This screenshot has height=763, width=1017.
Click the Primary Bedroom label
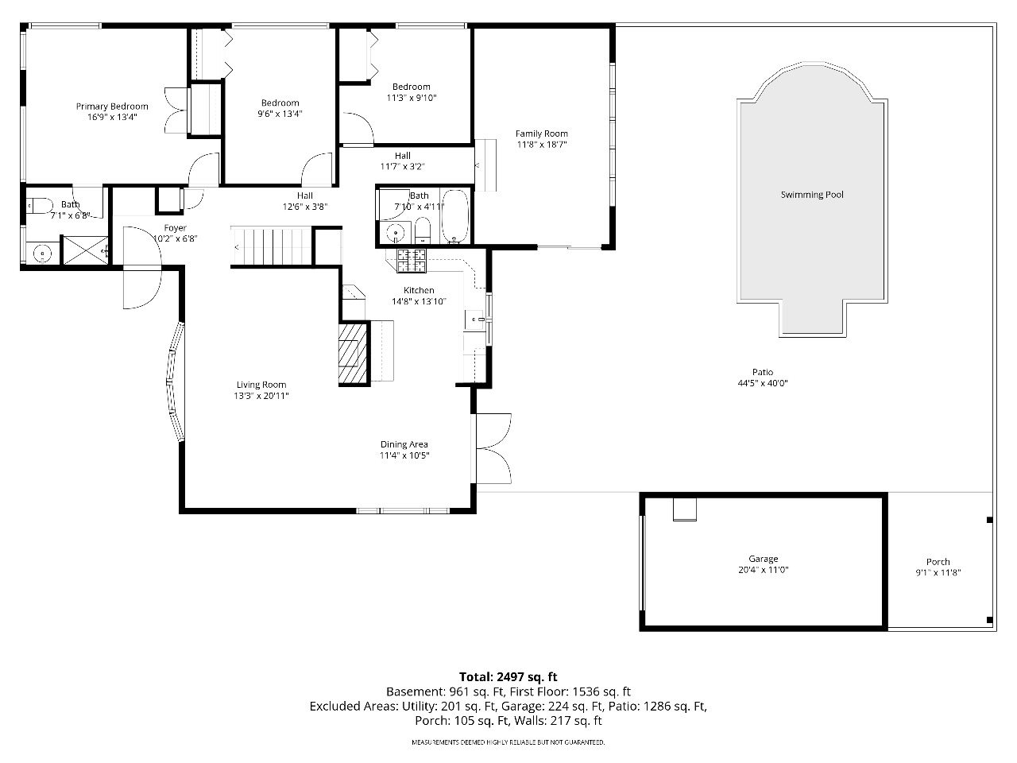pos(112,107)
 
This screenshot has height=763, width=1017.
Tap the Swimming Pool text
pos(812,195)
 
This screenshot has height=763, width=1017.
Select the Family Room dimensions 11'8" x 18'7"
pos(542,145)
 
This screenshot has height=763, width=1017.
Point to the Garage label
pos(763,559)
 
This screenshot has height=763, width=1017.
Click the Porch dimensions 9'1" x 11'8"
pos(938,572)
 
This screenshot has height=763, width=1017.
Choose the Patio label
pos(763,372)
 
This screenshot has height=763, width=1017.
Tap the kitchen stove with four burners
pos(412,261)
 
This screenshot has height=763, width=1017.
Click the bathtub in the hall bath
pos(455,216)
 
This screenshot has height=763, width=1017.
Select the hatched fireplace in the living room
pos(353,354)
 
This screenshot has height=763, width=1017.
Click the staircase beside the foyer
pos(272,246)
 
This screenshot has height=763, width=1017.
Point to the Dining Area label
pos(404,444)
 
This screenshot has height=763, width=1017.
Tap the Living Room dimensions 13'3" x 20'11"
pos(261,396)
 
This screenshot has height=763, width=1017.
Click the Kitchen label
pos(419,290)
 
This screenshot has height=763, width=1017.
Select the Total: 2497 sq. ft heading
pos(508,677)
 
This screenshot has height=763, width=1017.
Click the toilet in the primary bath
pos(40,206)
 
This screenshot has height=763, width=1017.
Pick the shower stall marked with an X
pos(85,250)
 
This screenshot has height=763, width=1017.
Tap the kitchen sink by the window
pos(474,320)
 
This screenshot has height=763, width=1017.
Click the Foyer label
pos(175,228)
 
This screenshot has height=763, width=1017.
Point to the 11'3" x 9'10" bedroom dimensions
pos(412,98)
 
